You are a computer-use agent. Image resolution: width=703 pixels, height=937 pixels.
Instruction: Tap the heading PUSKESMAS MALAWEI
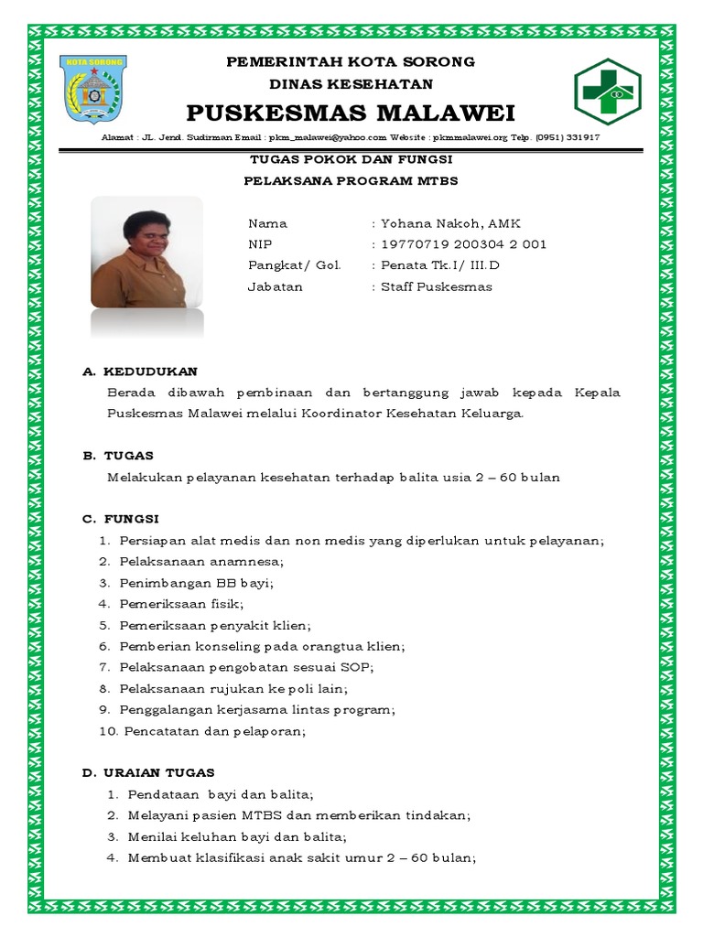(351, 113)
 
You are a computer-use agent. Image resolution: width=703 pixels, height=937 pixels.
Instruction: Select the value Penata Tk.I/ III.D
(440, 265)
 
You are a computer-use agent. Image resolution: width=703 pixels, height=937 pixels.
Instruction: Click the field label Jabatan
(275, 286)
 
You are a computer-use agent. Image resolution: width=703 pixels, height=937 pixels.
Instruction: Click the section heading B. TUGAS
(118, 455)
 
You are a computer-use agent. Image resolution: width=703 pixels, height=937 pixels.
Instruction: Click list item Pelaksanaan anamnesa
(201, 561)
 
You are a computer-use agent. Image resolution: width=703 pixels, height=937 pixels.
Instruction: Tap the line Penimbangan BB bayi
(196, 582)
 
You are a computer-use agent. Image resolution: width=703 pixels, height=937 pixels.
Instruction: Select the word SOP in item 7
(359, 667)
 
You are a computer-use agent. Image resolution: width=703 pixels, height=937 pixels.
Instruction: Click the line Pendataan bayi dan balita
(221, 794)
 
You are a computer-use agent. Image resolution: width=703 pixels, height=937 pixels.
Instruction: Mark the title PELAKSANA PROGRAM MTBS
(351, 181)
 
